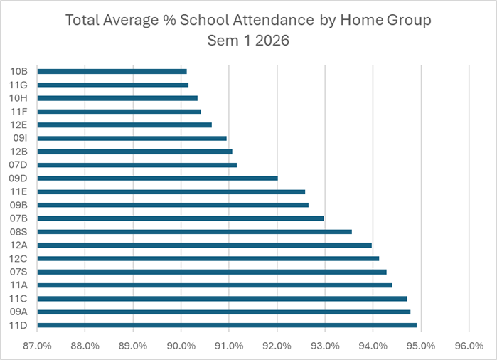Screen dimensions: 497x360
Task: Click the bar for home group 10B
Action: pyautogui.click(x=112, y=71)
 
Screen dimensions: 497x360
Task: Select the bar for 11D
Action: pyautogui.click(x=227, y=325)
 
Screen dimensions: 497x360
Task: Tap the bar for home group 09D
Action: pyautogui.click(x=158, y=179)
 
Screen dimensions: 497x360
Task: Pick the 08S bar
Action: pyautogui.click(x=195, y=232)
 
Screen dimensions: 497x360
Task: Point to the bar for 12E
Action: pyautogui.click(x=124, y=125)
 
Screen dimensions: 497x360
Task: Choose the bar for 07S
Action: pyautogui.click(x=212, y=272)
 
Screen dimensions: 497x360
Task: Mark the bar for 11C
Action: pyautogui.click(x=222, y=299)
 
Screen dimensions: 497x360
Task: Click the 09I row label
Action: pyautogui.click(x=20, y=138)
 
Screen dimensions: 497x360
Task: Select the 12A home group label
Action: pyautogui.click(x=18, y=245)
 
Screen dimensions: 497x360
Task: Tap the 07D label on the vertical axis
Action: pyautogui.click(x=18, y=165)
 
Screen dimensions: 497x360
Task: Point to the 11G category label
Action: pyautogui.click(x=18, y=85)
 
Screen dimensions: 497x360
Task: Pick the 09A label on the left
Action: pyautogui.click(x=18, y=312)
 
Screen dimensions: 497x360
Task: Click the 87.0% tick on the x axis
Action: pyautogui.click(x=37, y=346)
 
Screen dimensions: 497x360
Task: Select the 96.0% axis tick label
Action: pyautogui.click(x=469, y=346)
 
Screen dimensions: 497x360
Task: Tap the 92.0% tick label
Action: pyautogui.click(x=277, y=346)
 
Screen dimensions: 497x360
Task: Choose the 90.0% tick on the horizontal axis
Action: pyautogui.click(x=181, y=346)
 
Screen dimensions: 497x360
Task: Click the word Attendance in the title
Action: pyautogui.click(x=274, y=20)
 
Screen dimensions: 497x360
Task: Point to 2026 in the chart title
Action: pyautogui.click(x=272, y=41)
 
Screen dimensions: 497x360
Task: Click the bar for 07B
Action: pyautogui.click(x=181, y=218)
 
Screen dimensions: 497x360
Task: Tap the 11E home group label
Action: pyautogui.click(x=18, y=191)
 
